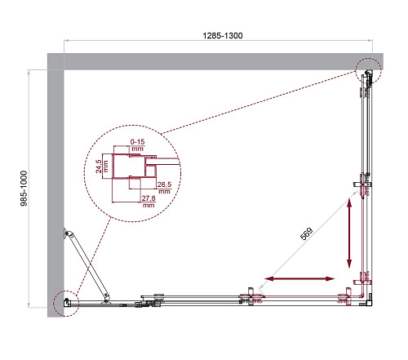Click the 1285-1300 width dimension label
point(223,36)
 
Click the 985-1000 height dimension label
point(24,189)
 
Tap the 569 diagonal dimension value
point(307,234)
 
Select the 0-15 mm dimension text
point(137,145)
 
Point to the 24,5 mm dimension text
point(102,167)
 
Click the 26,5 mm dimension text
point(164,188)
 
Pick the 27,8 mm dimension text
point(149,202)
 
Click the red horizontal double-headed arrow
point(299,278)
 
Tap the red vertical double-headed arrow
point(349,233)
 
